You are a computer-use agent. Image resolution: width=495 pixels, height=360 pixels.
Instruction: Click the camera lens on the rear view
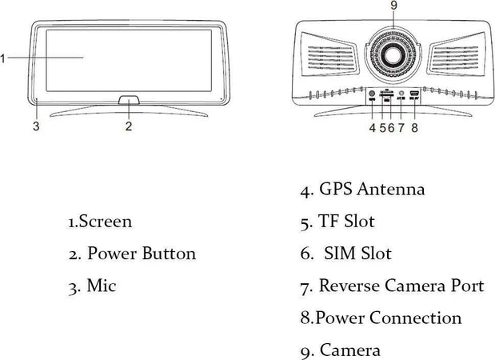[393, 55]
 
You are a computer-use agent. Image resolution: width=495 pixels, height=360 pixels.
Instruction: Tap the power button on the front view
[128, 102]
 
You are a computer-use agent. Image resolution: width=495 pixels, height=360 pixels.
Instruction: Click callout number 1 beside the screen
[3, 58]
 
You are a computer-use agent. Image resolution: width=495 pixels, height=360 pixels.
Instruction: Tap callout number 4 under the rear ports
[373, 126]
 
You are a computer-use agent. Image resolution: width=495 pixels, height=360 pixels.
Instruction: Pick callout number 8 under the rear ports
[414, 126]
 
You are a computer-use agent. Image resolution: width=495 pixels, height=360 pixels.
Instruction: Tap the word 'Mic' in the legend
[102, 286]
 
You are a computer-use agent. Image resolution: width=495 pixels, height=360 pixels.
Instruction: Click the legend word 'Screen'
[106, 222]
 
